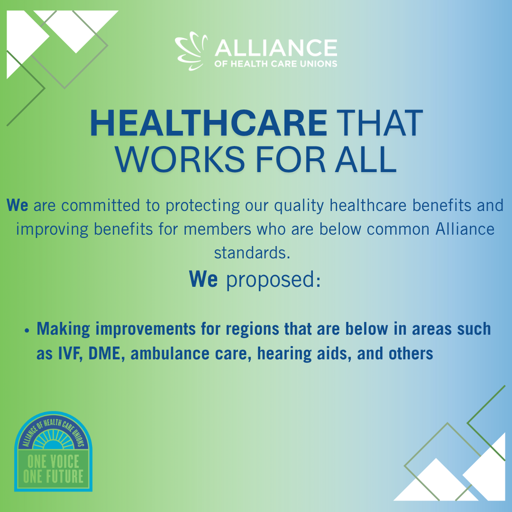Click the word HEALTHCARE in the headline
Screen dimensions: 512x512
pyautogui.click(x=208, y=123)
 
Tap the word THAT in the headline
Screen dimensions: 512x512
pyautogui.click(x=379, y=123)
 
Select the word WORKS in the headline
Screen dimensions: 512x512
pyautogui.click(x=180, y=159)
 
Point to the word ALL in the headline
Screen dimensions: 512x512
pyautogui.click(x=366, y=159)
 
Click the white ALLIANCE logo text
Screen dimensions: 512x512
pyautogui.click(x=276, y=48)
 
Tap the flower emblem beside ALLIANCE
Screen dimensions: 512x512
pyautogui.click(x=192, y=51)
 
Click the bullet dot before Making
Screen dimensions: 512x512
pyautogui.click(x=27, y=330)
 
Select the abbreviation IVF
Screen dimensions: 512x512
pyautogui.click(x=69, y=354)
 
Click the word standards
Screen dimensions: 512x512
pyautogui.click(x=252, y=253)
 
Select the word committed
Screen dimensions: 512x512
pyautogui.click(x=101, y=205)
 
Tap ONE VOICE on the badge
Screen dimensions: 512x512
pyautogui.click(x=53, y=461)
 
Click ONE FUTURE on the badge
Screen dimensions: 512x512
pyautogui.click(x=53, y=476)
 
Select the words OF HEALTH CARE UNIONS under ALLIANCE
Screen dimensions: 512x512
pyautogui.click(x=276, y=64)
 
